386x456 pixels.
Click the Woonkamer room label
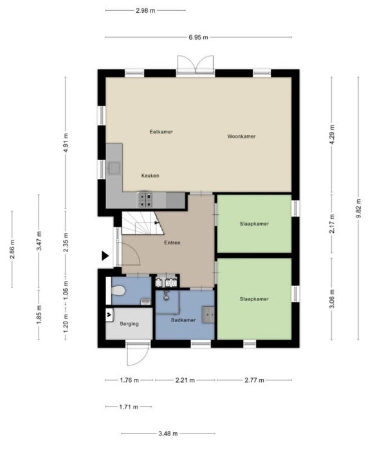point(241,136)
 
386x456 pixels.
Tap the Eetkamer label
point(161,131)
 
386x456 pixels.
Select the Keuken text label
point(150,176)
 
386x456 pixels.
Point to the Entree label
point(172,242)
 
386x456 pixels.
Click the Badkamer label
point(183,320)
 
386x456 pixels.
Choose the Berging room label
point(129,324)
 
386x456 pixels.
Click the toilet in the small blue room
point(118,290)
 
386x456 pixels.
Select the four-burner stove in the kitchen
point(145,200)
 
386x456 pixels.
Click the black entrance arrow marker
point(105,256)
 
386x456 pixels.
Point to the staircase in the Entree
point(142,223)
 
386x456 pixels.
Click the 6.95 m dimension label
point(198,37)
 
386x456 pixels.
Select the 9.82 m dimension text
point(358,208)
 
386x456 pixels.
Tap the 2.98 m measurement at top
point(145,11)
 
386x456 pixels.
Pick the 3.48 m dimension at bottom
point(168,433)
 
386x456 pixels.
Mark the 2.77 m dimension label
point(255,380)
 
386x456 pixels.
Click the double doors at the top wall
point(196,64)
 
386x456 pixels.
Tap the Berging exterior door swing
point(138,354)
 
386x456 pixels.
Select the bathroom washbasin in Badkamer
point(208,315)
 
